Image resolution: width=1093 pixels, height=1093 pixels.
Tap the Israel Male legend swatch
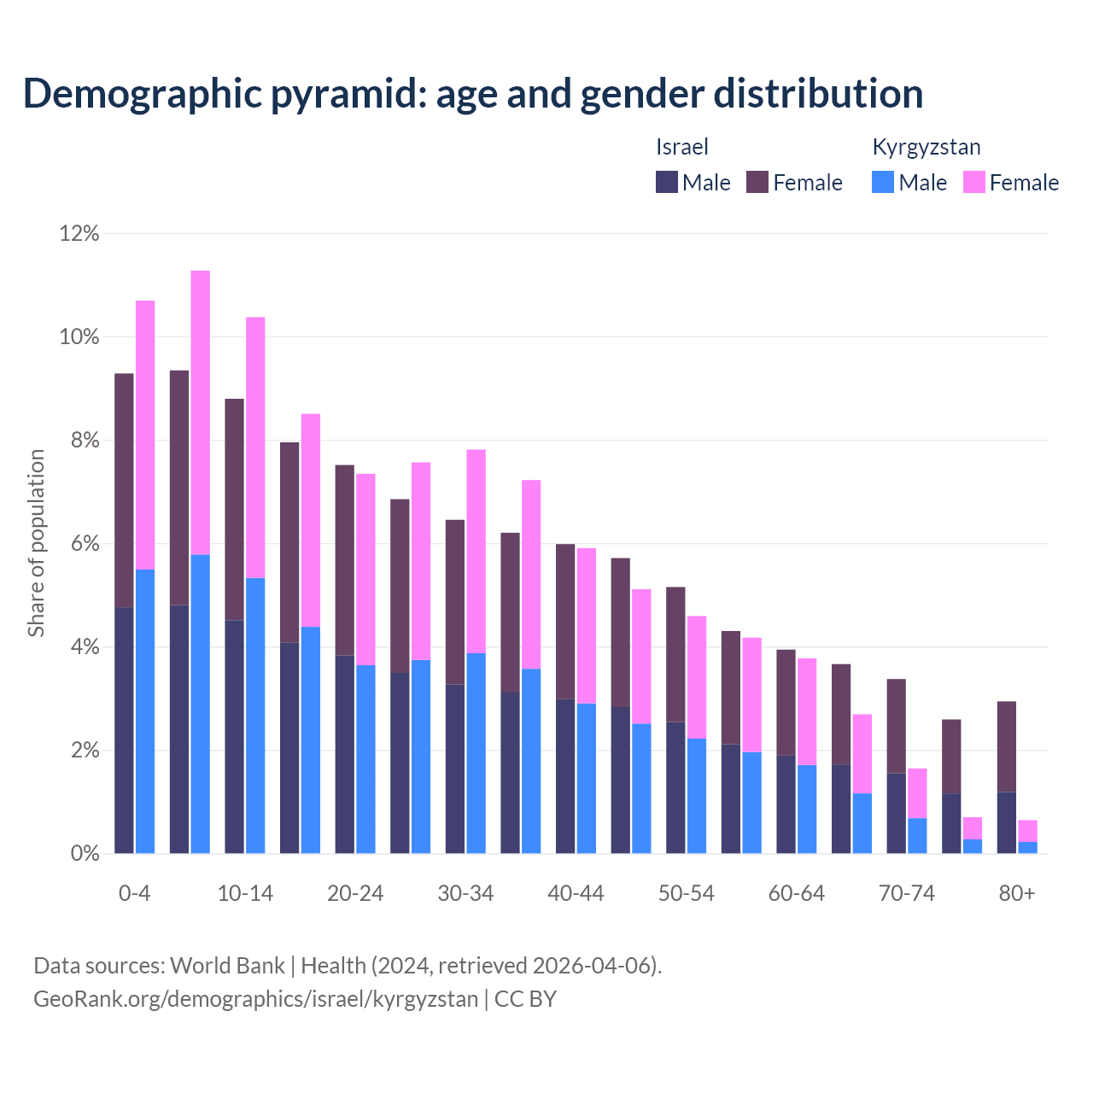click(x=667, y=182)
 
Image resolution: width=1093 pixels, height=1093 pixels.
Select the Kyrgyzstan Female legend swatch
click(x=973, y=182)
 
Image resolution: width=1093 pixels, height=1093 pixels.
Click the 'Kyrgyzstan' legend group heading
click(x=926, y=147)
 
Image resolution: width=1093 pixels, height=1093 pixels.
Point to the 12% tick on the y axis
click(x=79, y=233)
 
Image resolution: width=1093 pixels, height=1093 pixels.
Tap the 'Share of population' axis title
click(x=36, y=543)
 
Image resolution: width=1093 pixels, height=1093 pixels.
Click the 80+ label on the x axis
click(x=1016, y=893)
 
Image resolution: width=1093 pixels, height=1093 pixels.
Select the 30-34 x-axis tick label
click(x=465, y=893)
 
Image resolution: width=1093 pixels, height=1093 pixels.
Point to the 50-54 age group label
click(x=686, y=893)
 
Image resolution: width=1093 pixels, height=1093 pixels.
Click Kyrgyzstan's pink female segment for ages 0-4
click(x=145, y=435)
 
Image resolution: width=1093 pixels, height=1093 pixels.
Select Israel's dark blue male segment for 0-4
click(x=124, y=730)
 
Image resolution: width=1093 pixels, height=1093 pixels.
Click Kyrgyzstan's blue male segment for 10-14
click(x=255, y=716)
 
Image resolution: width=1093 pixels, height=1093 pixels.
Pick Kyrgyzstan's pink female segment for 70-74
click(x=917, y=793)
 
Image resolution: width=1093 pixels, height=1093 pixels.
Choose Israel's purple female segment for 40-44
click(x=565, y=621)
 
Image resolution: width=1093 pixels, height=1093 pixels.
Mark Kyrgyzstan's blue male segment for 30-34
click(x=476, y=753)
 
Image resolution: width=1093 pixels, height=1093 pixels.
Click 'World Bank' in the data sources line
click(x=227, y=966)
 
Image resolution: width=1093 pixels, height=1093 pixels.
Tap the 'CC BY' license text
click(x=525, y=999)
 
